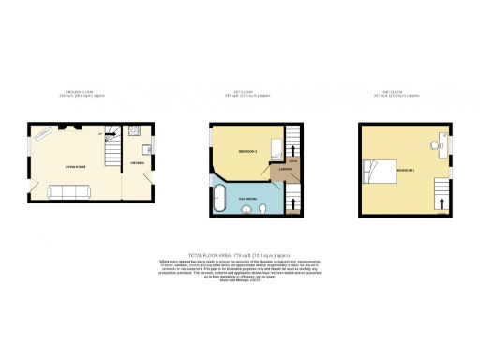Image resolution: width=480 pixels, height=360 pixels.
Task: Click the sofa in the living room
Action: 67,191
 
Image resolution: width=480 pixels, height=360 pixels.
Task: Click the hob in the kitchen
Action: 135,129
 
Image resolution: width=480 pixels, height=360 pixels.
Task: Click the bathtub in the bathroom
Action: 219,197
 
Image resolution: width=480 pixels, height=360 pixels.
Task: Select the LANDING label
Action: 282,170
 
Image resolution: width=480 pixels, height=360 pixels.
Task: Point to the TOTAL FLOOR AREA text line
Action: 240,254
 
